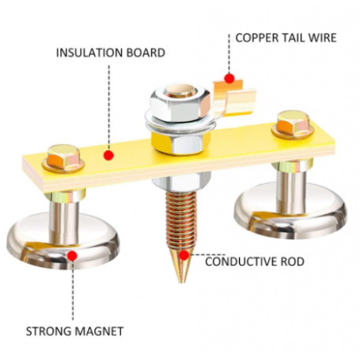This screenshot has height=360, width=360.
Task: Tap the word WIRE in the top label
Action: click(322, 38)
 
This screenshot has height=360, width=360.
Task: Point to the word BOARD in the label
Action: click(146, 53)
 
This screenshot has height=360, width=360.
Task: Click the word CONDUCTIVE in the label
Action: click(241, 262)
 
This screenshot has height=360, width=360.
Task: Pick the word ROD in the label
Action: click(292, 262)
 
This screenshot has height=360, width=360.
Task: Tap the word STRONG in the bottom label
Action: click(46, 332)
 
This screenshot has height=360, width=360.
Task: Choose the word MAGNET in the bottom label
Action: click(96, 332)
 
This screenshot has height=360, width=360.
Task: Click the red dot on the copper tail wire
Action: click(230, 78)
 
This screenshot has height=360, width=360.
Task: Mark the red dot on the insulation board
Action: click(108, 155)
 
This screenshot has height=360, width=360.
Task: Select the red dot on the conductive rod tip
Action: click(184, 255)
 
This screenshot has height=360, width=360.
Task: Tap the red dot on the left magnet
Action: click(72, 255)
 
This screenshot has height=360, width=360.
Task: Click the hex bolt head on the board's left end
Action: click(63, 158)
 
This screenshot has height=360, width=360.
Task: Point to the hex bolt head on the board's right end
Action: click(293, 124)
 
